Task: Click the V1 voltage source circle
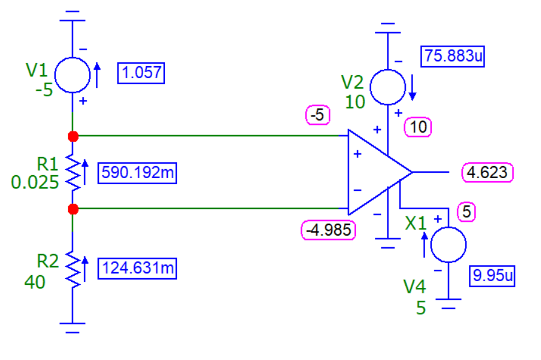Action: click(x=73, y=75)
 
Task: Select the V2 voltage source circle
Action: click(x=388, y=87)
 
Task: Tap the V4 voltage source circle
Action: click(x=448, y=244)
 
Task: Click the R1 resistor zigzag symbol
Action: click(x=73, y=172)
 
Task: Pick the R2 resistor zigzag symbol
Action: click(x=73, y=270)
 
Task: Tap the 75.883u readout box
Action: click(x=454, y=57)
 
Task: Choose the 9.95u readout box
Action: click(x=492, y=276)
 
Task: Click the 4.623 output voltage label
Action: click(x=487, y=172)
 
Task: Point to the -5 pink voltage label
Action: click(x=318, y=115)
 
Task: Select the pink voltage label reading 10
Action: click(x=418, y=127)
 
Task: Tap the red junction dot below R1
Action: click(x=73, y=209)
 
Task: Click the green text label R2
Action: click(x=49, y=261)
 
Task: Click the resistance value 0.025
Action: click(x=35, y=182)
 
